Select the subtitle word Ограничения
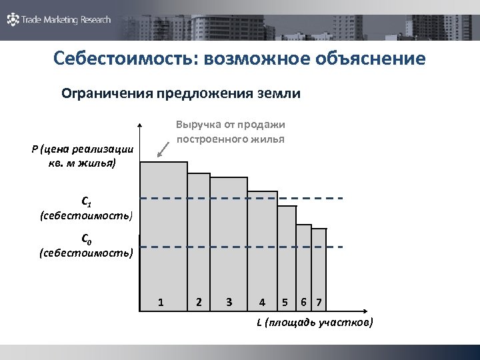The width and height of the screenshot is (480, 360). click(x=107, y=94)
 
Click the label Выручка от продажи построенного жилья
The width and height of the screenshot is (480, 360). click(x=230, y=131)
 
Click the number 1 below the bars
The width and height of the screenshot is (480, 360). click(x=161, y=303)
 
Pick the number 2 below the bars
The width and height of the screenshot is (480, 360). click(x=199, y=303)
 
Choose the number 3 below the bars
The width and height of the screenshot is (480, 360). click(x=229, y=303)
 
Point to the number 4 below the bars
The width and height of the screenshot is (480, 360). click(x=263, y=303)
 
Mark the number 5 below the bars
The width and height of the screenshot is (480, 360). click(x=285, y=303)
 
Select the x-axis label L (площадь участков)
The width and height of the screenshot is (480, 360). click(x=315, y=323)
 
